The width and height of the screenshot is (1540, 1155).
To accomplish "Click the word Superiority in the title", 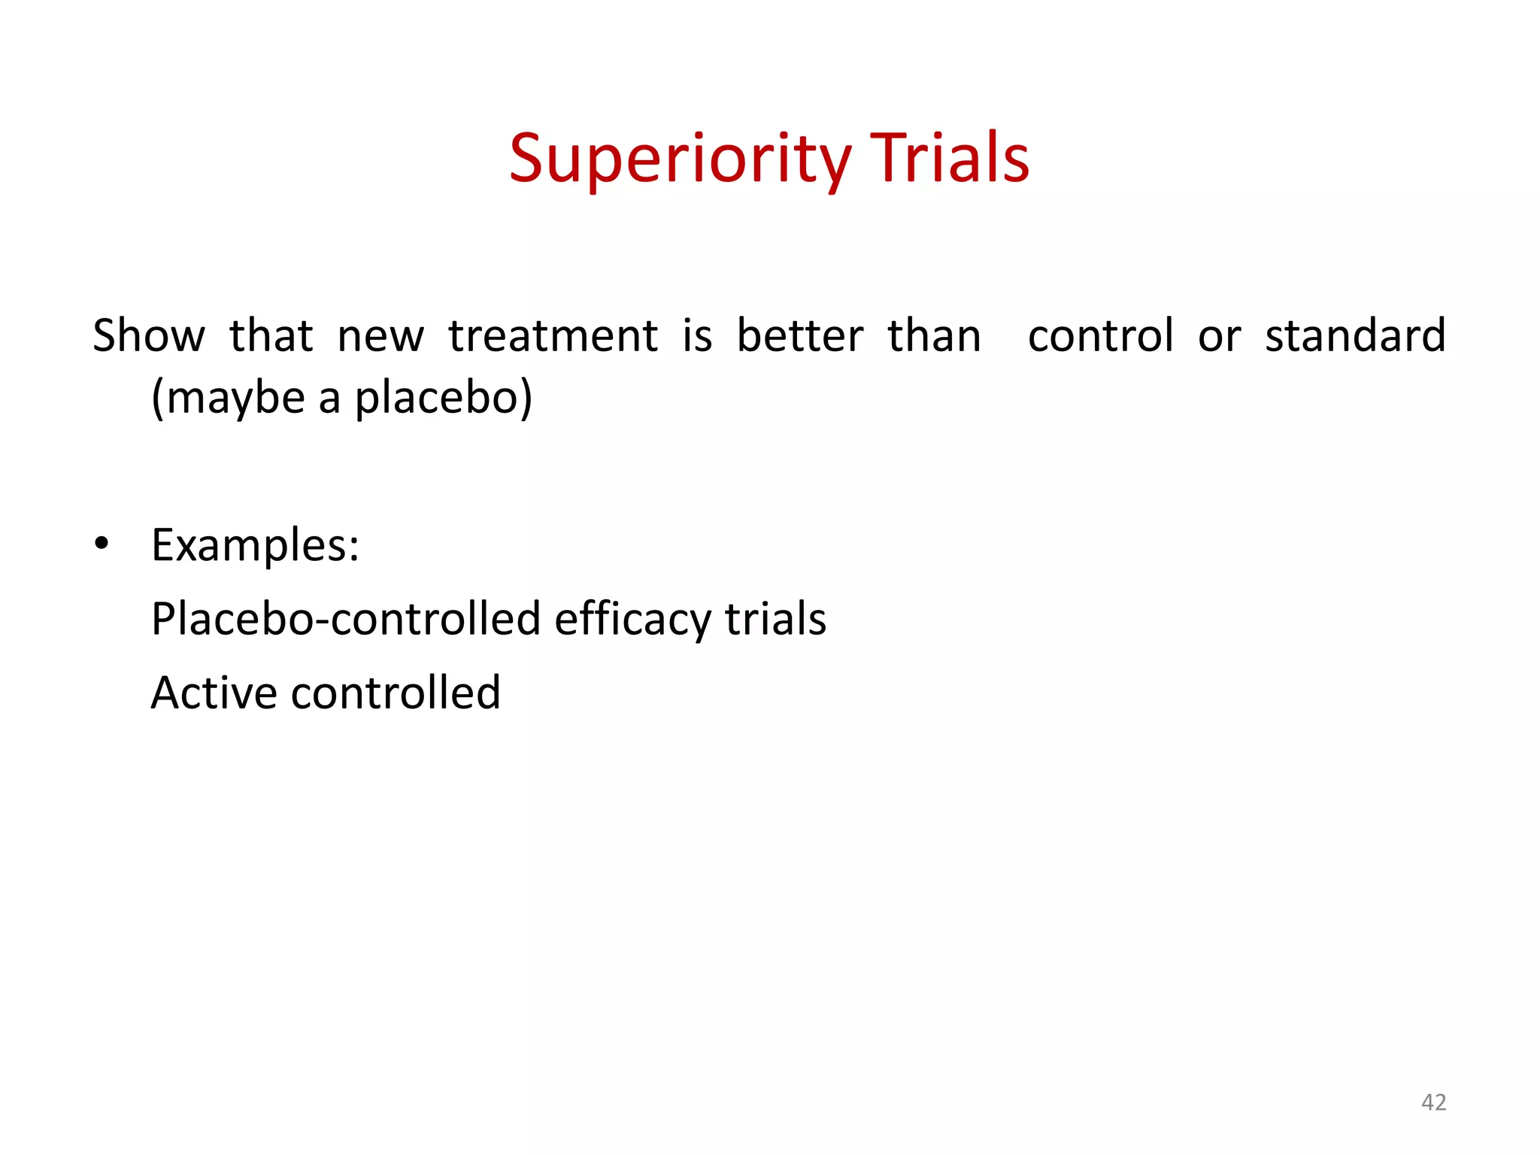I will coord(680,159).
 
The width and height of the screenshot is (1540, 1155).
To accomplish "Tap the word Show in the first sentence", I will coord(148,335).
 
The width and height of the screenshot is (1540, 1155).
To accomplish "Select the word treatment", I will coord(553,335).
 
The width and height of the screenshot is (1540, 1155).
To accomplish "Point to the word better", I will coord(799,335).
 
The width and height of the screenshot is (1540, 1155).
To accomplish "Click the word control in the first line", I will coord(1100,335).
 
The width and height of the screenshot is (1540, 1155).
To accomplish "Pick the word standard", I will coord(1355,335).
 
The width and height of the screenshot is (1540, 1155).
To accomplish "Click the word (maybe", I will coord(228,399).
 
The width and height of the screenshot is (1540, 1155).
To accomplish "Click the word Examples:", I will coord(255,545).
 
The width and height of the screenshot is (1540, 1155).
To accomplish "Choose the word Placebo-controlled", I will coord(346,619).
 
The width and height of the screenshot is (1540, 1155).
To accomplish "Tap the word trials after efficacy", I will coord(775,619).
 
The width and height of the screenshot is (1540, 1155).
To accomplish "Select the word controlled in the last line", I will coord(396,693).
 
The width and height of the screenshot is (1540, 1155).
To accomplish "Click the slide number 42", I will coord(1433,1102).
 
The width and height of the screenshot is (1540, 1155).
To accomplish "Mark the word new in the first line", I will coord(380,337).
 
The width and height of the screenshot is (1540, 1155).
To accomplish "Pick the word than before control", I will coord(934,335).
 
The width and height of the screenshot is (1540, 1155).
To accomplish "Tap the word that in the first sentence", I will coord(271,335).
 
